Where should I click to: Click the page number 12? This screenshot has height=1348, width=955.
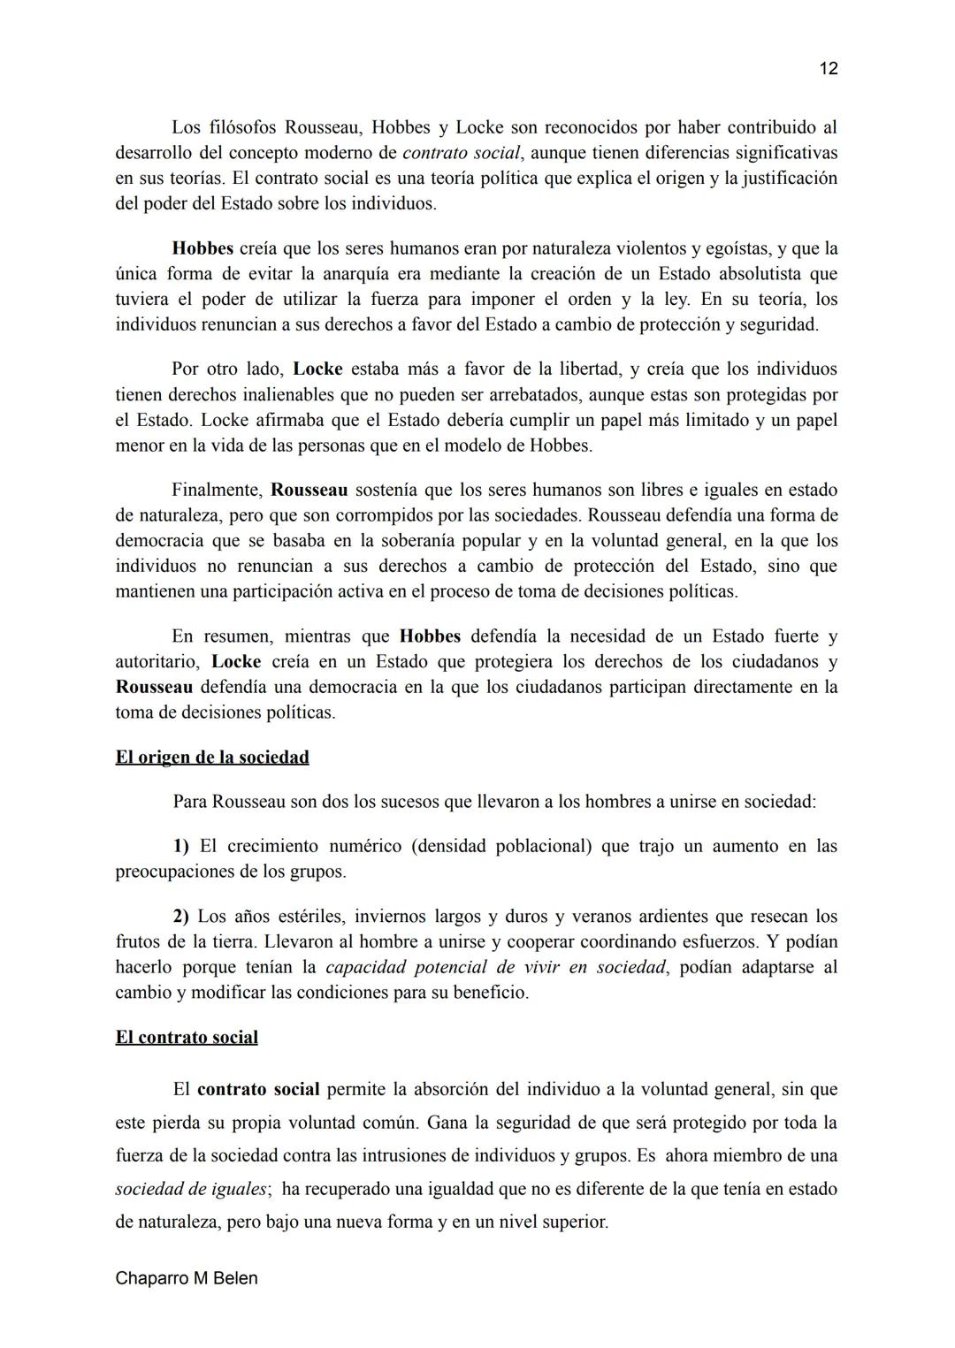828,69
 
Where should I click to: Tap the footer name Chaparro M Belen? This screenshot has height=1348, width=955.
187,1278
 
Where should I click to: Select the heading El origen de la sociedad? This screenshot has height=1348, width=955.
212,758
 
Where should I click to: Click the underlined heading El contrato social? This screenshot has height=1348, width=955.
187,1037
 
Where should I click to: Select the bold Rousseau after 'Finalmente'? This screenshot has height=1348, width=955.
309,490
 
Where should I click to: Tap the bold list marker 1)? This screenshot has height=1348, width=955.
181,846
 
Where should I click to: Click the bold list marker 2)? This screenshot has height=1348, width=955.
181,916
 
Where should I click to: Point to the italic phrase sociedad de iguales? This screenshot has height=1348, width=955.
191,1190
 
